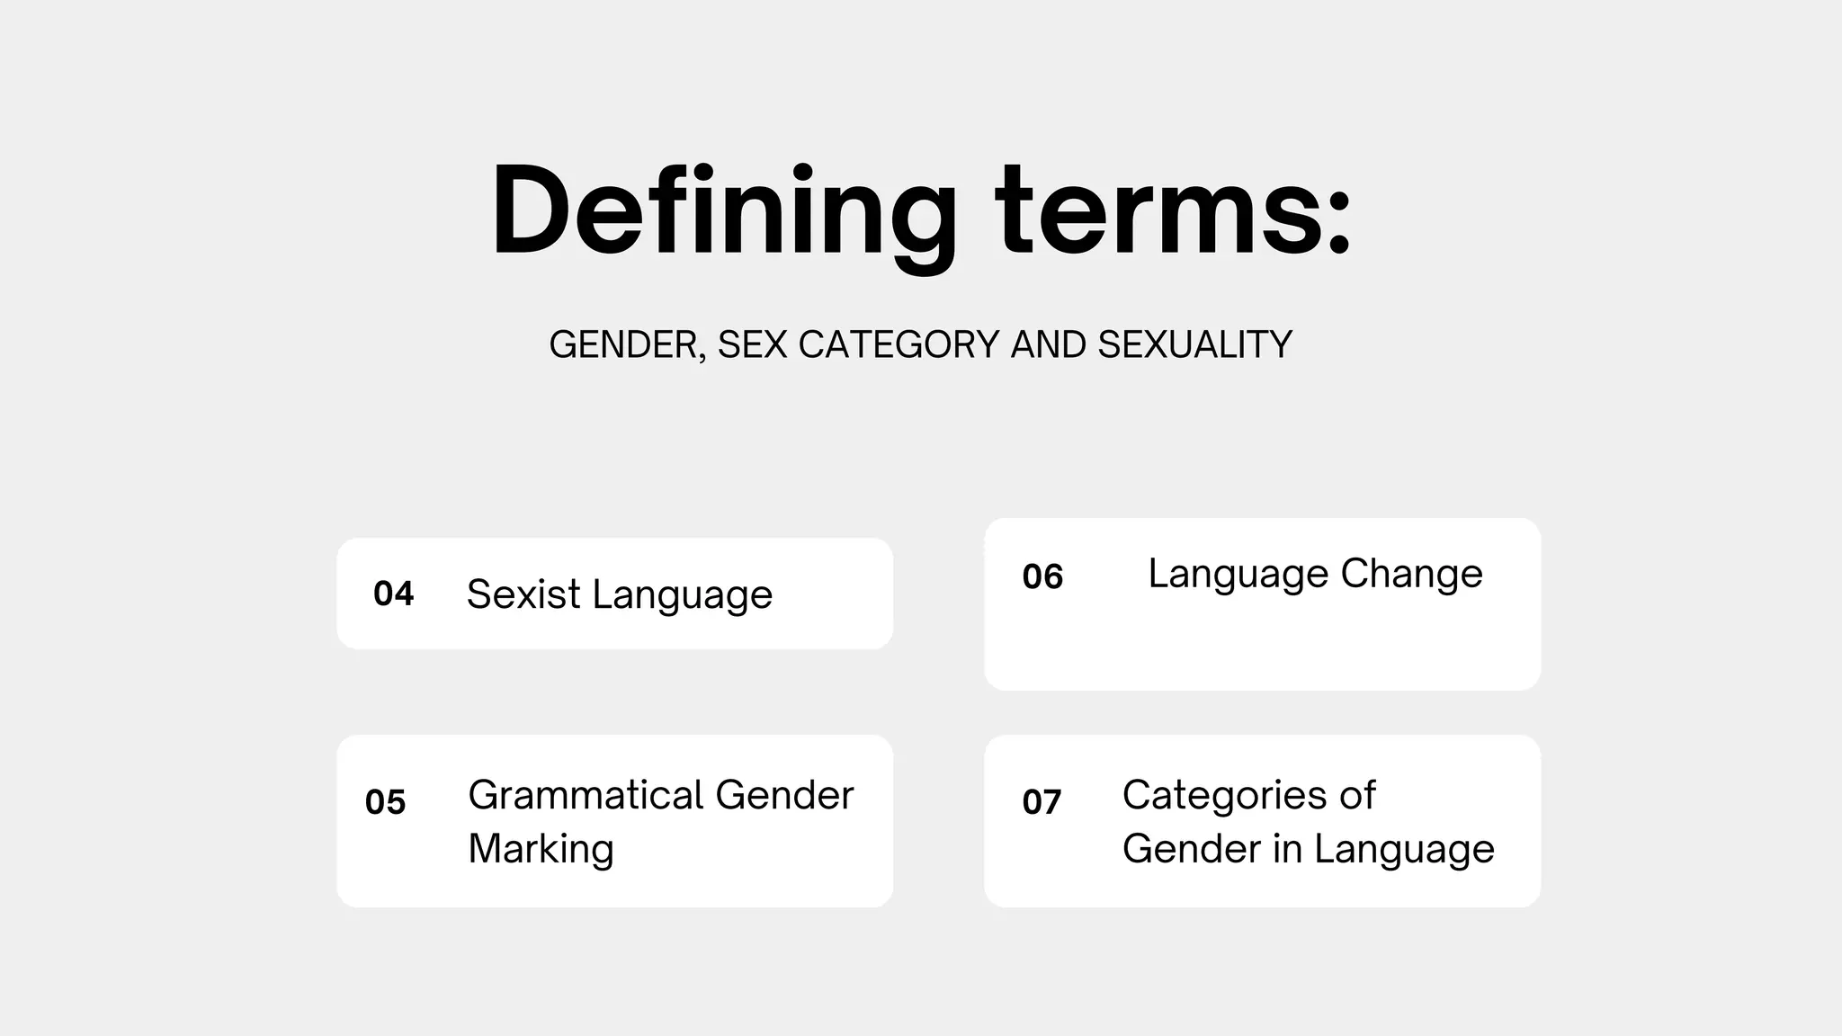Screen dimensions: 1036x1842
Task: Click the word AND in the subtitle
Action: [x=1049, y=345]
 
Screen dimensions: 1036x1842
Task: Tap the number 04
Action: [x=393, y=594]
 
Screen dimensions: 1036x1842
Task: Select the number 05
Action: [x=385, y=801]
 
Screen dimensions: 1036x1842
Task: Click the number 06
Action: [x=1042, y=576]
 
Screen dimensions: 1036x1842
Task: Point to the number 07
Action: [x=1042, y=801]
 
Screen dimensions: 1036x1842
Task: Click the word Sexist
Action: [x=523, y=594]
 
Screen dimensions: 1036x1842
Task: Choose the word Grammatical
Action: [x=586, y=795]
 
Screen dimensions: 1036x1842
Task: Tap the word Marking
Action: [x=541, y=849]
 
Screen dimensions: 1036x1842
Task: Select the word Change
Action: [x=1411, y=574]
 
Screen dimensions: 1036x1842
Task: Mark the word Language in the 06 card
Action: [x=1238, y=574]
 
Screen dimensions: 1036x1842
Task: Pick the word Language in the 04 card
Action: [x=683, y=594]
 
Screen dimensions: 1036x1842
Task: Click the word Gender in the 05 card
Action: [x=784, y=795]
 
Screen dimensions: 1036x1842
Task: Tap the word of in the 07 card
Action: [x=1357, y=795]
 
